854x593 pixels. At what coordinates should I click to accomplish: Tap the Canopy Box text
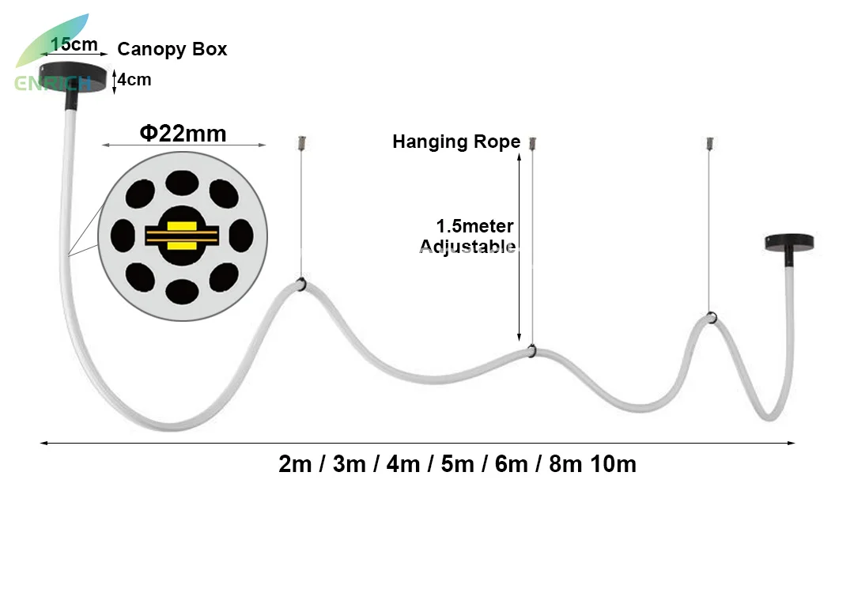(172, 49)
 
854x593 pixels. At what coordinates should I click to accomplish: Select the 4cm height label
(134, 80)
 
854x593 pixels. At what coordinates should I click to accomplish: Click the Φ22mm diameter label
(183, 133)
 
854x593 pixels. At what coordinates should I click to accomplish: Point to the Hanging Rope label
(456, 142)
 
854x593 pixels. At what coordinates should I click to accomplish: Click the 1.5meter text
(474, 226)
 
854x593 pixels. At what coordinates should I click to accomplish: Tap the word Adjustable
(467, 247)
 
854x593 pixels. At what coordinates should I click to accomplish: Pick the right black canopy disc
(788, 242)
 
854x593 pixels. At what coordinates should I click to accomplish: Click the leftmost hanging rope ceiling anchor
(301, 143)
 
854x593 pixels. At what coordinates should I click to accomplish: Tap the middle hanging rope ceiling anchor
(533, 143)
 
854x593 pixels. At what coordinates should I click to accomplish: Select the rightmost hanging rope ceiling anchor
(710, 143)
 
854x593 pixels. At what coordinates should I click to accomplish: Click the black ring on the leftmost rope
(301, 285)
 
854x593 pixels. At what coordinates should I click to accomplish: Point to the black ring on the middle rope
(533, 350)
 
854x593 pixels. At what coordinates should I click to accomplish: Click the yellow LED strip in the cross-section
(182, 236)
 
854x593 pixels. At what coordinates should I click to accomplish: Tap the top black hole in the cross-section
(182, 182)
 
